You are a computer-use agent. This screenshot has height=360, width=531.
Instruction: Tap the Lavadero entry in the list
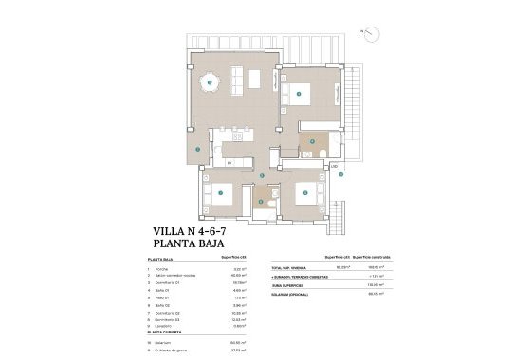168,327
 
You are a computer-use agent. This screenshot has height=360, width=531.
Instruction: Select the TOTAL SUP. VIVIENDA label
290,267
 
